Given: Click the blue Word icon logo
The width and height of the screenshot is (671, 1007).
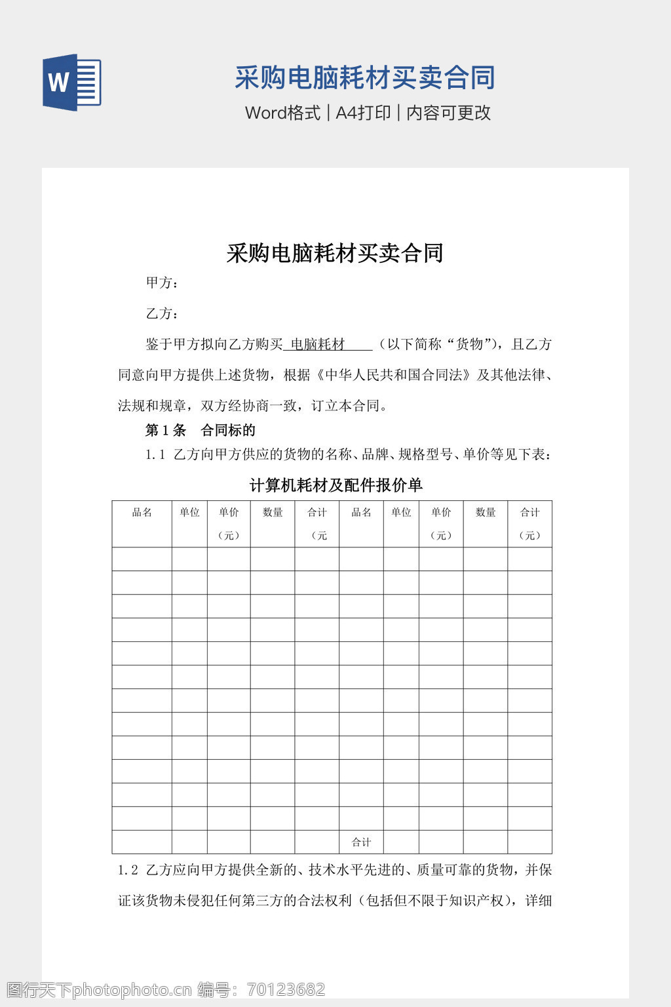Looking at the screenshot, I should coord(71,82).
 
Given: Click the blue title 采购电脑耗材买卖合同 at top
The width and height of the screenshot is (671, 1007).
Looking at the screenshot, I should coord(364,77).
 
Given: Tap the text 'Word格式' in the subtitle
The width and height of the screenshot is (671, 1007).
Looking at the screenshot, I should coord(282,113).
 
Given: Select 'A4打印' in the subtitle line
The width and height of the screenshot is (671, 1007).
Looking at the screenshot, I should coord(363,113).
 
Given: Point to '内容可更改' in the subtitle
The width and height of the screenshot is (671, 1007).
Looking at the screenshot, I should coord(448,113).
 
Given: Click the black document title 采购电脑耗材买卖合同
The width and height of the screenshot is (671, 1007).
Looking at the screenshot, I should coord(335,253).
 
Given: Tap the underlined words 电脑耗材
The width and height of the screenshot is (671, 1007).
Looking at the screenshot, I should coord(318,344).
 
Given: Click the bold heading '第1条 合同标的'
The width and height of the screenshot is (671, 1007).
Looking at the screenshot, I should coord(200,430).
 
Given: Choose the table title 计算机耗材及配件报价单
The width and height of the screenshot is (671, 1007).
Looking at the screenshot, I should coord(335,485).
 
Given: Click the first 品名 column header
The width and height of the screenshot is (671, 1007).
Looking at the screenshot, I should coord(142,512).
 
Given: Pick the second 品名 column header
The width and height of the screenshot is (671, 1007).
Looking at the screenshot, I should coord(361,512).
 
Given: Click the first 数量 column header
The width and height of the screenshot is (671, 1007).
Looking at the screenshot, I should coord(273,512).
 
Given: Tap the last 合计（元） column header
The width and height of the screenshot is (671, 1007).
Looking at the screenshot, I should coord(529,523).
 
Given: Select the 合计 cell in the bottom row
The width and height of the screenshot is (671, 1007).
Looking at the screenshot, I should coord(361,842).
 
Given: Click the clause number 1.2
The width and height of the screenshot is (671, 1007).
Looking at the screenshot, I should coord(128,870).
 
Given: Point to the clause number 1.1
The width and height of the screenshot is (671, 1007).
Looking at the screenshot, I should coord(155,454).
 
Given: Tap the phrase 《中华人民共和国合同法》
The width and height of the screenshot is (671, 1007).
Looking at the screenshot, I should coord(394,375).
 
